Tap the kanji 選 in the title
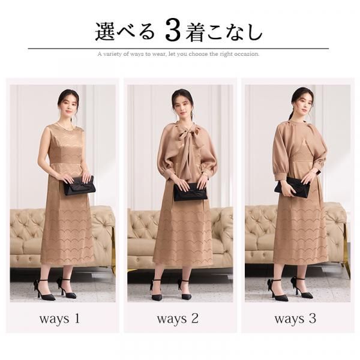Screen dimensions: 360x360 (105, 31)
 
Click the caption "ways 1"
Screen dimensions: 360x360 (59, 319)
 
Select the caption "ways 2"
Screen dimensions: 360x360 (178, 319)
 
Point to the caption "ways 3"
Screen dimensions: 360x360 (295, 319)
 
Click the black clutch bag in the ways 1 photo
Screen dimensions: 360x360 (79, 186)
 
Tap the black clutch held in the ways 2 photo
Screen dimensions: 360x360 (191, 192)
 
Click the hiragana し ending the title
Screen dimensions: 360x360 (254, 32)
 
